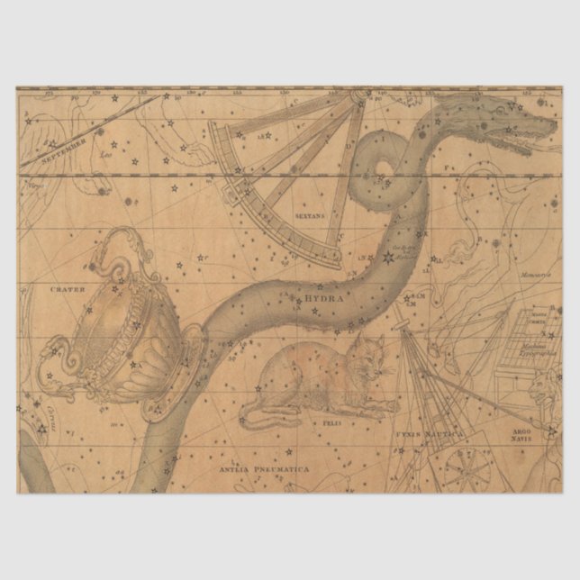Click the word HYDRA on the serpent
coord(324,296)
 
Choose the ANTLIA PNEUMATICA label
coord(263,468)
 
